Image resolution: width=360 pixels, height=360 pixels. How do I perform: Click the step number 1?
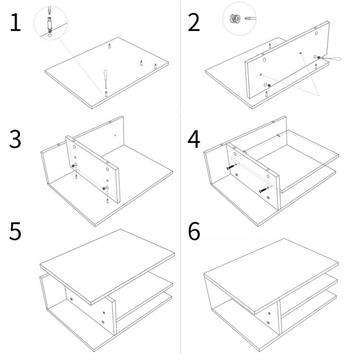click(16, 22)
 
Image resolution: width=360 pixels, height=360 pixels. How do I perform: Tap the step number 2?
click(194, 22)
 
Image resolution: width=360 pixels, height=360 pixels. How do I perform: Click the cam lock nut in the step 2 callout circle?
click(235, 19)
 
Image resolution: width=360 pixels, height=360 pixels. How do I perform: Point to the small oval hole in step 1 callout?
click(49, 36)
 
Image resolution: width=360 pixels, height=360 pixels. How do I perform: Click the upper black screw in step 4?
click(231, 167)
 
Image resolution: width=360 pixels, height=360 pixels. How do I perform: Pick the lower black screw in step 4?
click(264, 190)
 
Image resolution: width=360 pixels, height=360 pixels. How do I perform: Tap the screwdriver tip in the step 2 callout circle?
click(250, 18)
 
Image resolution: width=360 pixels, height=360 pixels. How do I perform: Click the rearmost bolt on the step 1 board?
click(110, 46)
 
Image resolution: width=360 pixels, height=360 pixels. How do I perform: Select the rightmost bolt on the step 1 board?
click(155, 67)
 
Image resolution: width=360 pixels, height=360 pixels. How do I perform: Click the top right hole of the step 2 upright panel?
click(316, 33)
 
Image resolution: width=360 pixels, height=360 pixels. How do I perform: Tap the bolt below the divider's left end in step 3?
click(76, 177)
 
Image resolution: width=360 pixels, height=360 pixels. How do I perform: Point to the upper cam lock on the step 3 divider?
click(73, 166)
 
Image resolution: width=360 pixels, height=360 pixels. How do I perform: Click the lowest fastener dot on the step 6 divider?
click(268, 323)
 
